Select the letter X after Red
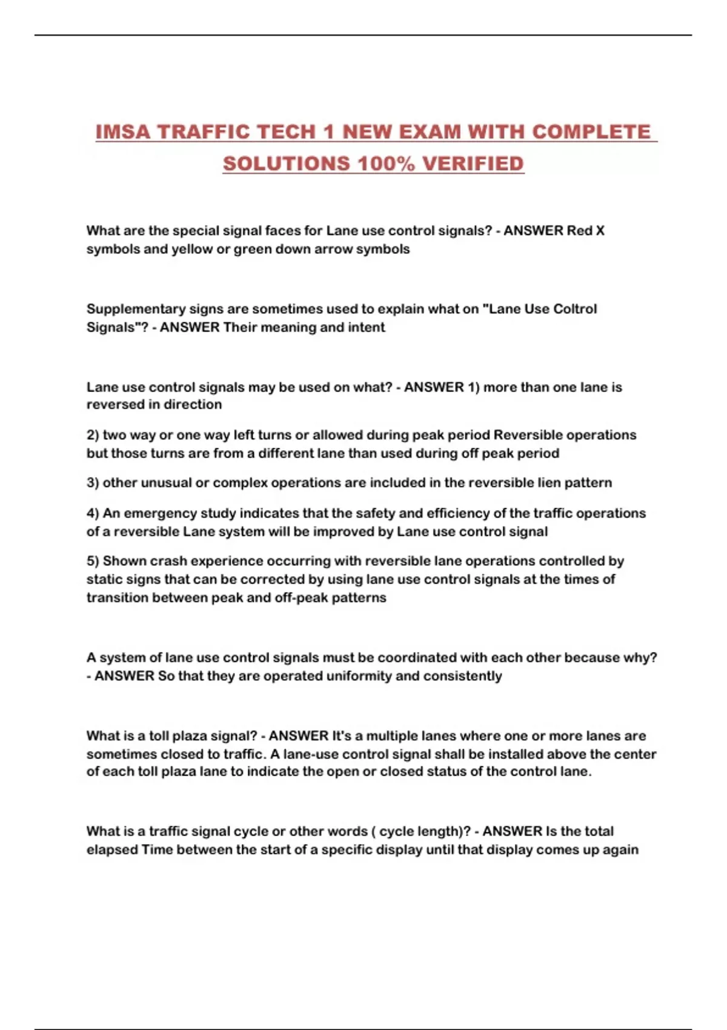pos(600,231)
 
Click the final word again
pos(620,849)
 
